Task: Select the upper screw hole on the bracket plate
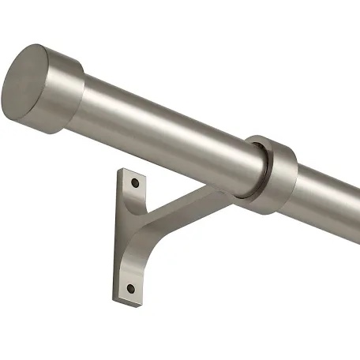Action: (x=135, y=183)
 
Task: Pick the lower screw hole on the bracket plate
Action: (x=131, y=287)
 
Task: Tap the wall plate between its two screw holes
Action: (x=133, y=237)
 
